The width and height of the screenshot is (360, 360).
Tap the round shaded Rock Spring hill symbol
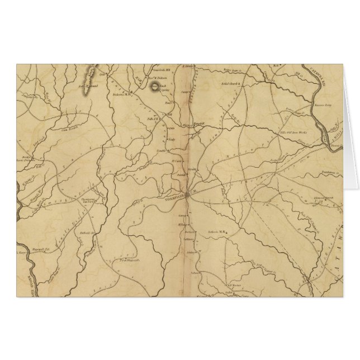153,86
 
